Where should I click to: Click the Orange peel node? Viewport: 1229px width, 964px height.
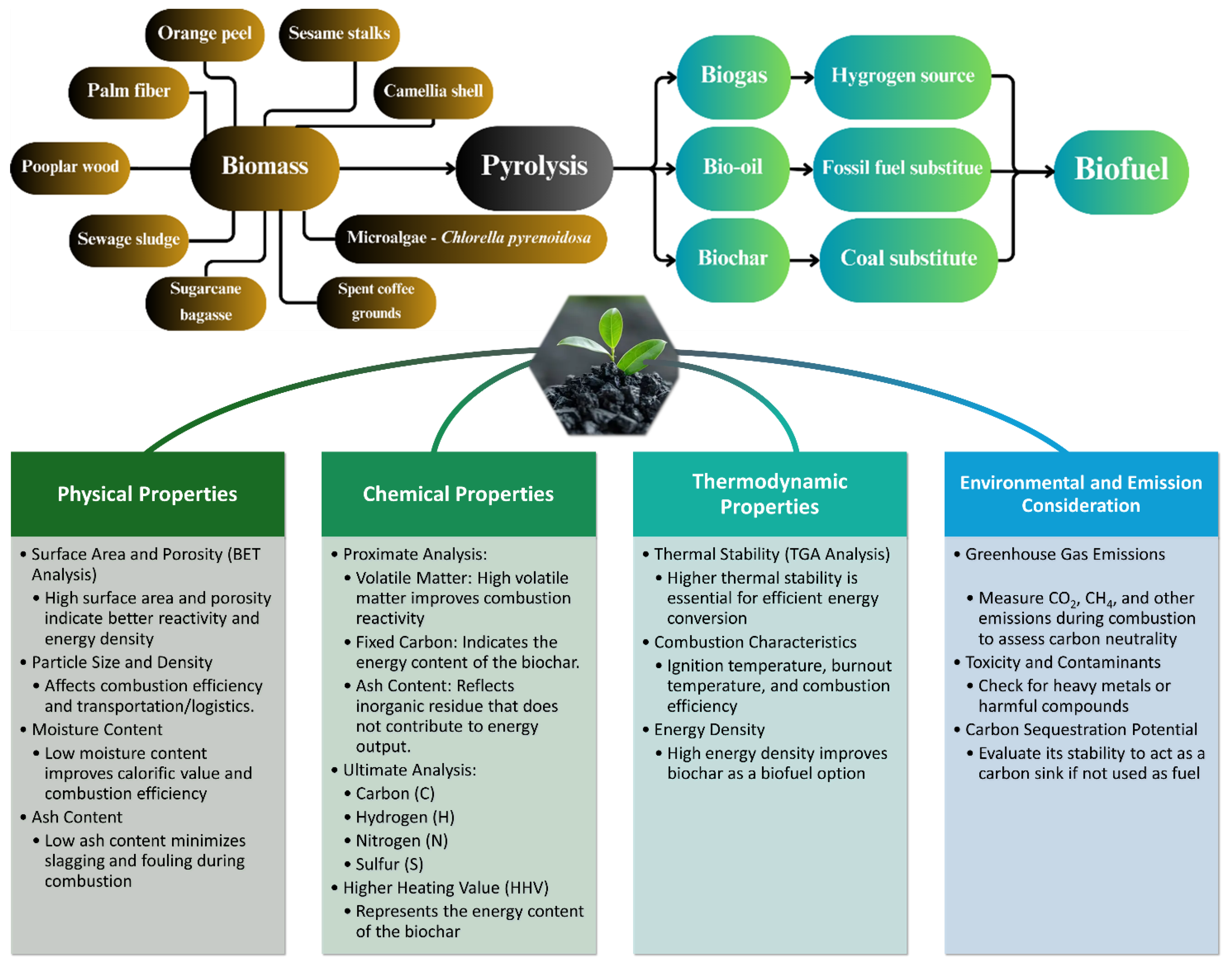(x=205, y=34)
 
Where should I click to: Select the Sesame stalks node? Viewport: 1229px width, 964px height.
(x=339, y=34)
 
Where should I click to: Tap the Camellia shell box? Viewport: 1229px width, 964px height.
(x=433, y=91)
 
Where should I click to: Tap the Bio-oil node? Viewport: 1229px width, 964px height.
(x=732, y=168)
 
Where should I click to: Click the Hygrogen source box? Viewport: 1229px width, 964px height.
(x=902, y=76)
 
